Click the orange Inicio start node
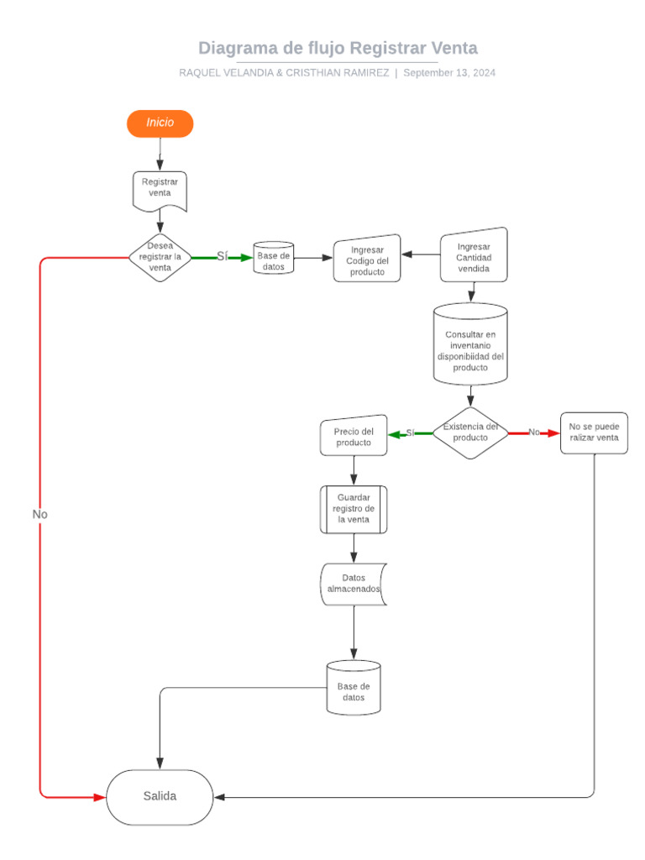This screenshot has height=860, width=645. (x=160, y=123)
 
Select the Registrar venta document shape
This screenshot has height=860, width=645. (x=160, y=190)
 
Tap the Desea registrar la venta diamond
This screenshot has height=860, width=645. (x=160, y=257)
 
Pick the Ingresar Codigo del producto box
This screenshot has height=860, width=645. (x=367, y=259)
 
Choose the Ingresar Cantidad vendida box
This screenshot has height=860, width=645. (x=474, y=255)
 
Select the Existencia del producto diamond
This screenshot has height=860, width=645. (x=470, y=433)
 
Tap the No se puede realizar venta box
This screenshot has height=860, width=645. (x=594, y=433)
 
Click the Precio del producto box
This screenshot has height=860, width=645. (x=354, y=436)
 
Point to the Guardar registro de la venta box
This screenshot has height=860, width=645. (x=354, y=509)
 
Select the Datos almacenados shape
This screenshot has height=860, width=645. (x=354, y=584)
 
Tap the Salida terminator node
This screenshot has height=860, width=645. (x=160, y=797)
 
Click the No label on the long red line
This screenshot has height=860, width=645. (x=40, y=514)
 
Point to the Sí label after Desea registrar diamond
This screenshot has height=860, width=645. (x=222, y=256)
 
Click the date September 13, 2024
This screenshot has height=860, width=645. (x=449, y=73)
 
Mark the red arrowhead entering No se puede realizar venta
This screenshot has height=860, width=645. (x=553, y=433)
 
